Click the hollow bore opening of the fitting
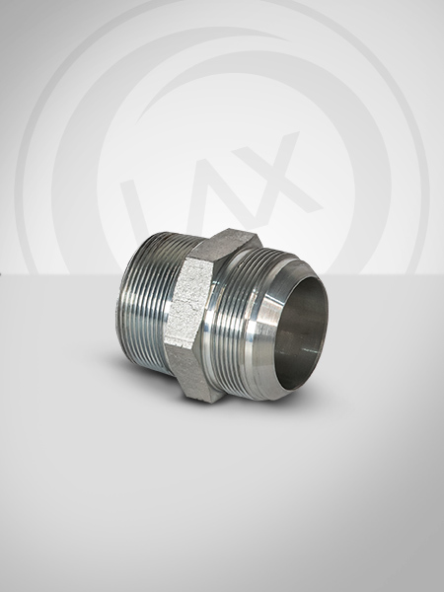click(301, 333)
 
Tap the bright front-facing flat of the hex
click(188, 303)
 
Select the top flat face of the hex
click(226, 246)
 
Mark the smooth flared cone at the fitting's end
click(272, 329)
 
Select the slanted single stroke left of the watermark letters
click(133, 207)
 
